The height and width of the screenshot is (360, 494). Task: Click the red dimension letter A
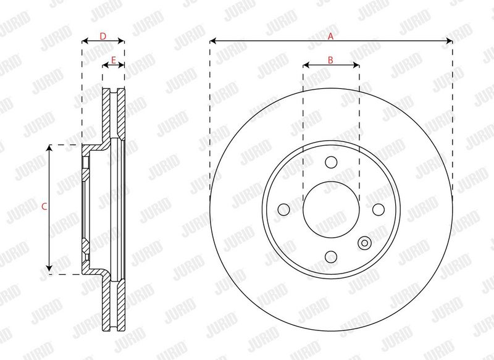[330, 36]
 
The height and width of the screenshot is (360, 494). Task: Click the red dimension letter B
[330, 60]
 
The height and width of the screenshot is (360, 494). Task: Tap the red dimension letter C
[44, 207]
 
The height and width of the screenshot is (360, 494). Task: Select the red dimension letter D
[103, 36]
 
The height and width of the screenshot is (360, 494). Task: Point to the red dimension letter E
[114, 60]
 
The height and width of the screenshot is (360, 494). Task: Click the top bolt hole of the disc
[331, 162]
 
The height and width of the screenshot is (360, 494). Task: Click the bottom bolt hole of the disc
[331, 257]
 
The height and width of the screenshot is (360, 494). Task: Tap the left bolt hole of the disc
[284, 209]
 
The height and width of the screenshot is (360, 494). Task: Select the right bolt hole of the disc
[379, 209]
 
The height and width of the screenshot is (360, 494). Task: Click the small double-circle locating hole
[364, 243]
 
